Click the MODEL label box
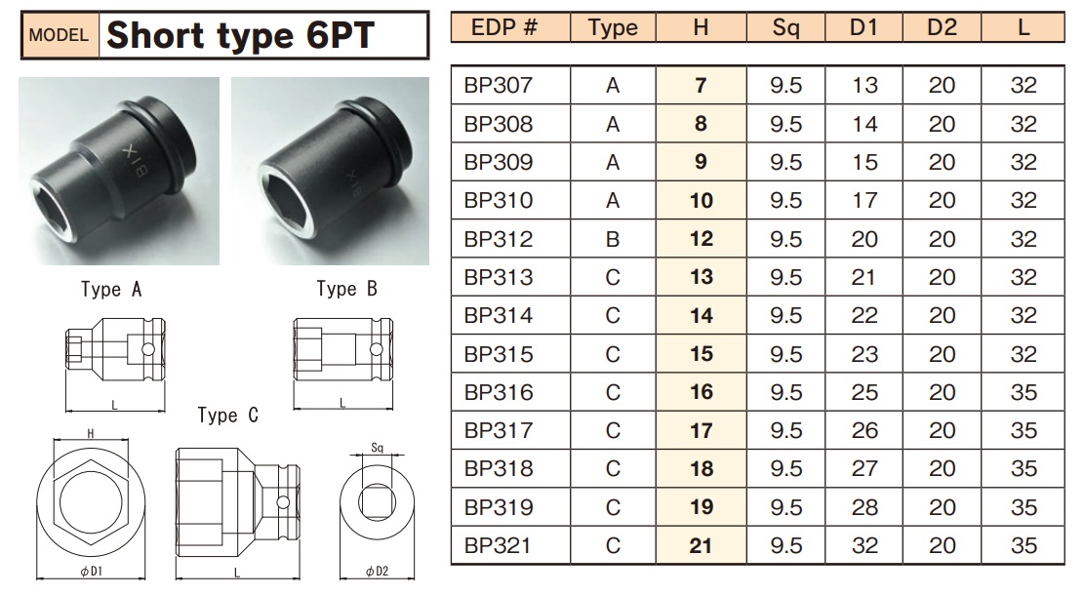point(60,36)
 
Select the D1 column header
point(863,27)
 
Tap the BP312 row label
point(499,239)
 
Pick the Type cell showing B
point(612,239)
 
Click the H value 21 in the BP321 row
point(701,545)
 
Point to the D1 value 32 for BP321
point(863,545)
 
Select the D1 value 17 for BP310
point(863,201)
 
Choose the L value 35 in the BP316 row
point(1023,392)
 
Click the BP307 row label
point(499,86)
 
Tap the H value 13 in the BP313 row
point(701,277)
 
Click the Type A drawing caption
point(111,290)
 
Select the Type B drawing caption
point(346,289)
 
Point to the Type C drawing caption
point(227,416)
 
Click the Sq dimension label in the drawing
point(379,449)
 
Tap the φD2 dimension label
point(377,572)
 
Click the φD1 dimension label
point(91,572)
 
